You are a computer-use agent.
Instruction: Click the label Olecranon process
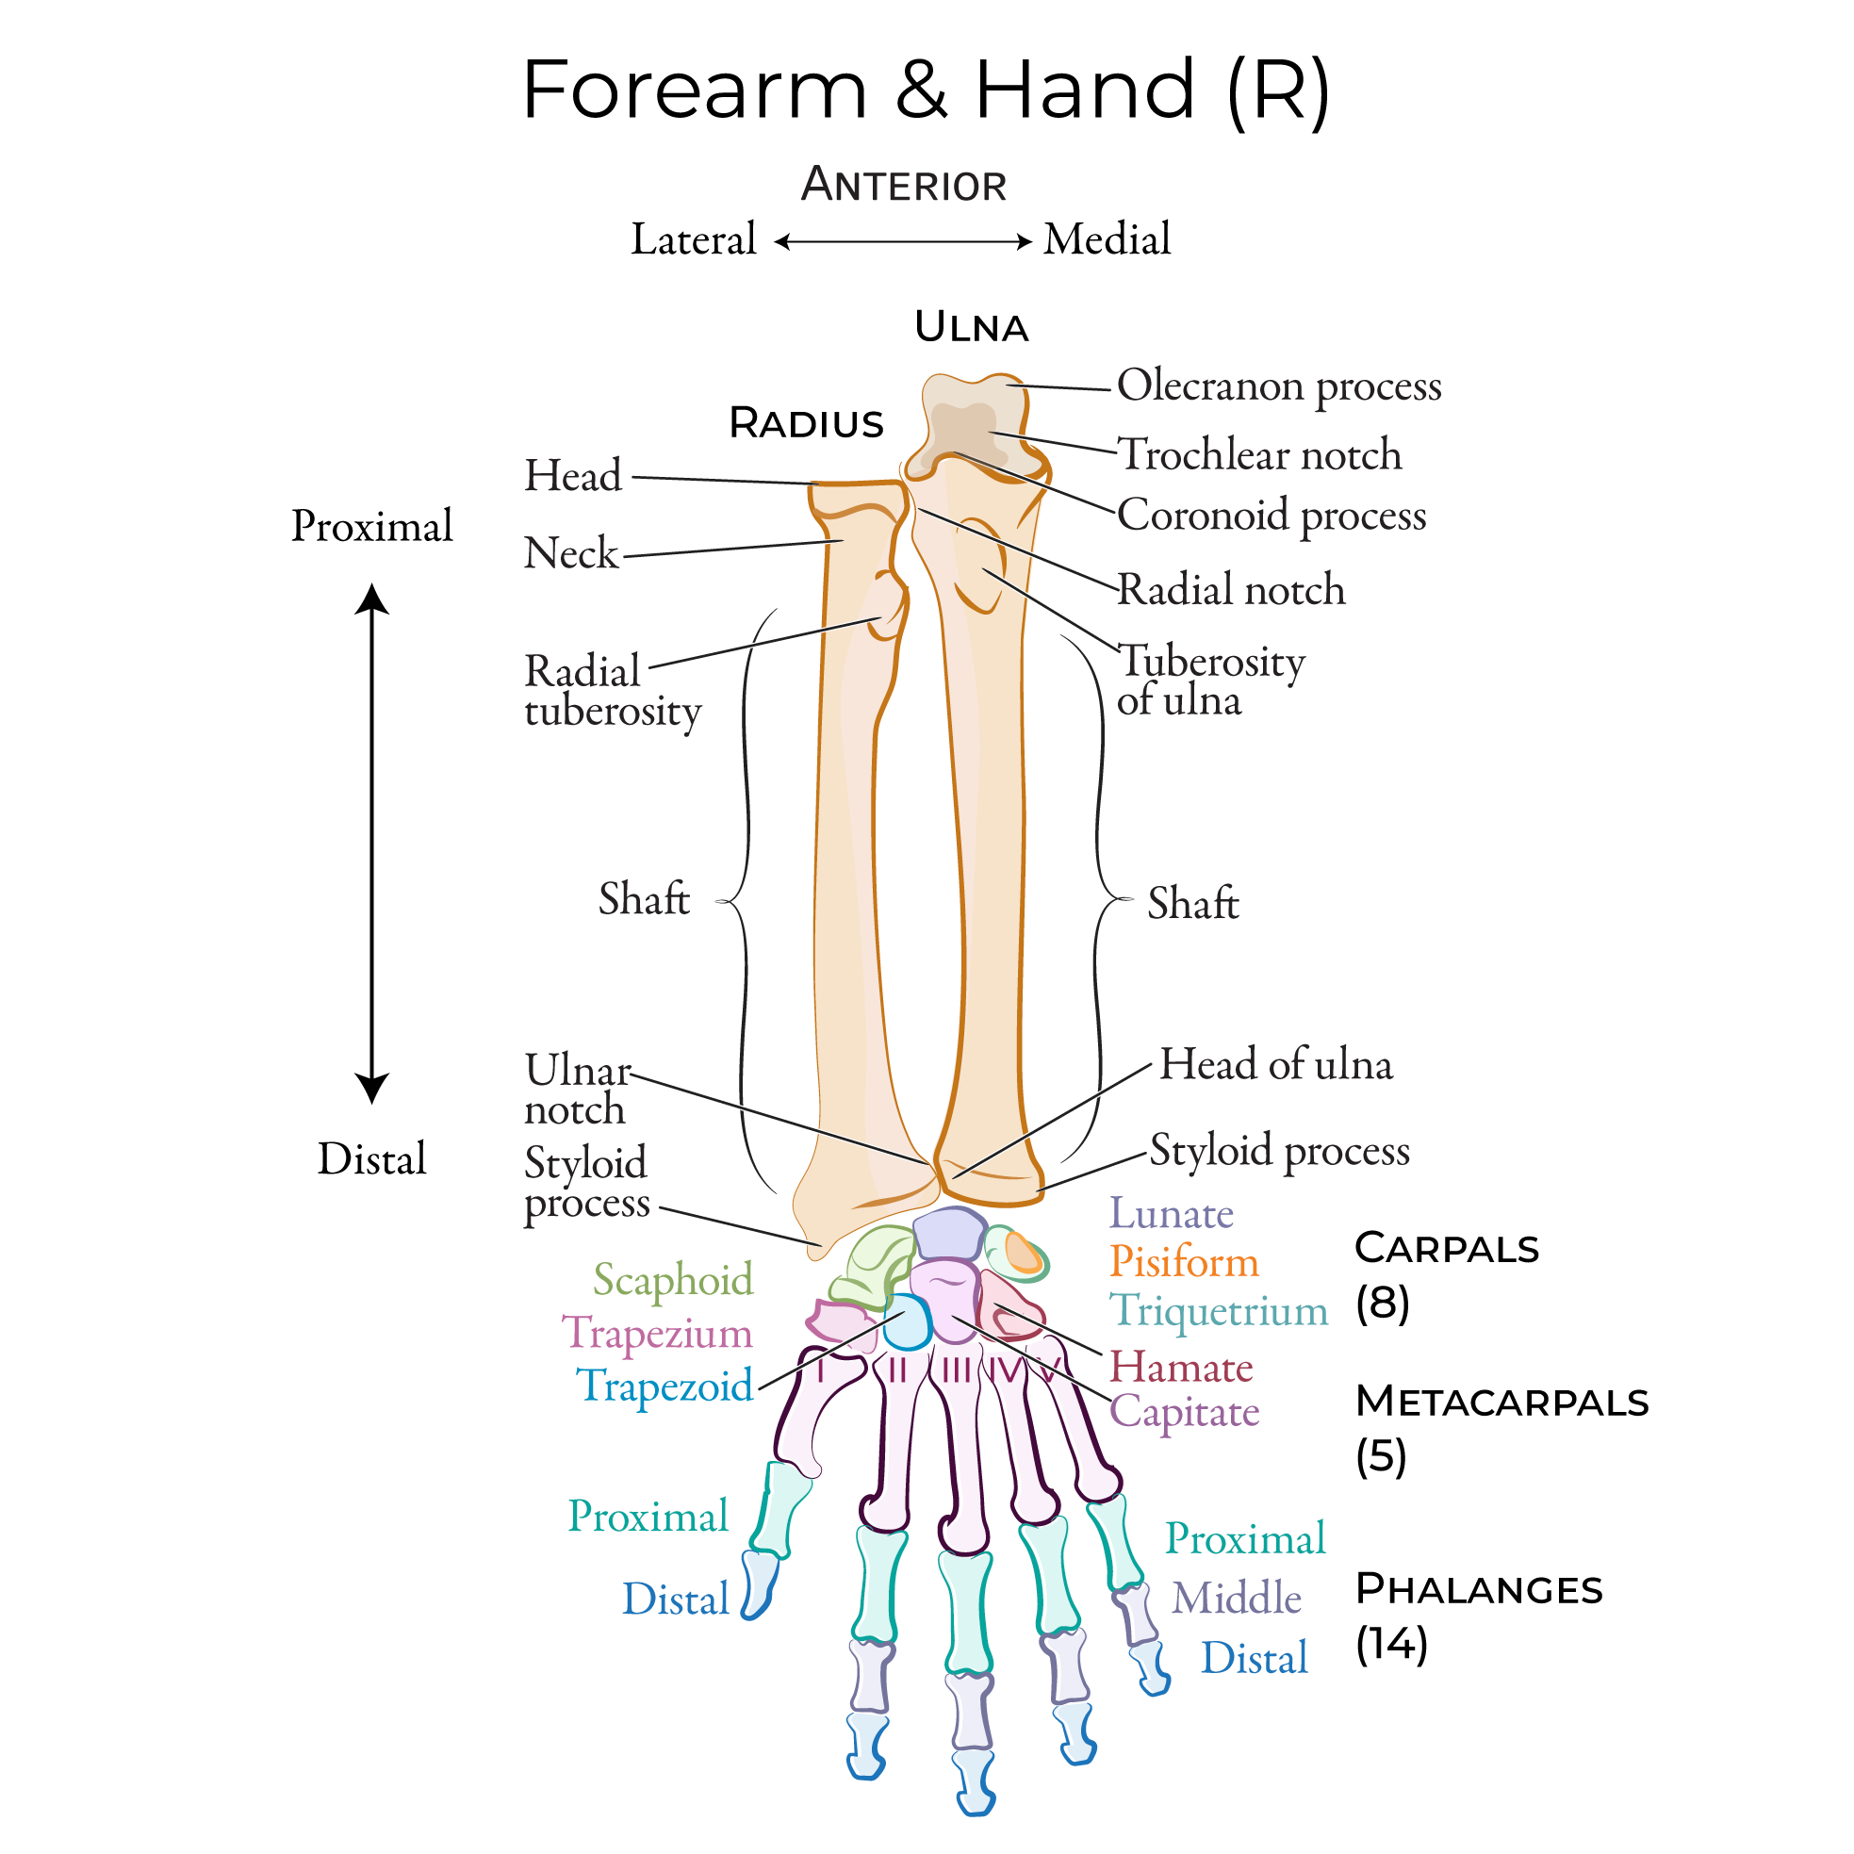1278,386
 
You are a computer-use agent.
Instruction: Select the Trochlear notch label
1260,455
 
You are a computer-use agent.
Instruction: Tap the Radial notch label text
1231,590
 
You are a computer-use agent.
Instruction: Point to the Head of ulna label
1275,1064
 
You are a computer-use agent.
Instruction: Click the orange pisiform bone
1023,1255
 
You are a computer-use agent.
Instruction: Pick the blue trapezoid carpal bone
908,1323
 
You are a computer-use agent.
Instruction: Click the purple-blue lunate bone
948,1234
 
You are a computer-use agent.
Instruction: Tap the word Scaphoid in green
673,1280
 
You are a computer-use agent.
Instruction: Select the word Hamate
1180,1368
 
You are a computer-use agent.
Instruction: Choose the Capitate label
1184,1412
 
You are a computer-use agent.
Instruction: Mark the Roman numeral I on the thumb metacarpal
822,1370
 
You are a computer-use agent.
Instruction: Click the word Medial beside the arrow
1107,239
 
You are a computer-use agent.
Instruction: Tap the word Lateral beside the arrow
693,239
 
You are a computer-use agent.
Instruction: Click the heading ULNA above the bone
971,328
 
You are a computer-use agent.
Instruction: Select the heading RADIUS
806,423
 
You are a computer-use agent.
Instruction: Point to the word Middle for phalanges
1236,1599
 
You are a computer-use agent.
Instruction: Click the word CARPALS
1446,1249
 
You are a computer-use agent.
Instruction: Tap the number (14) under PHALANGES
1391,1644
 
